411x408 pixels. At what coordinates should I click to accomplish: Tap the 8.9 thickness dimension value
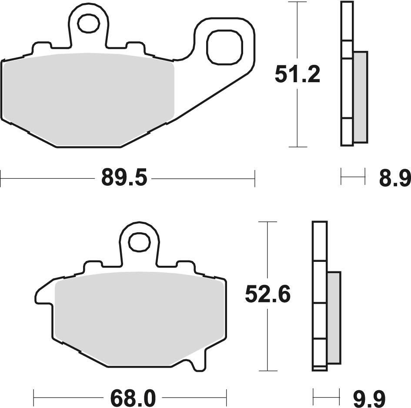[x=394, y=178]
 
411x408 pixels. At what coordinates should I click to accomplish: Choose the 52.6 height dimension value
[x=267, y=295]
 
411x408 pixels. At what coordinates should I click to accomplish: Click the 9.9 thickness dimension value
[x=369, y=397]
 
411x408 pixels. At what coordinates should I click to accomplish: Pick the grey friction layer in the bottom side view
[x=334, y=318]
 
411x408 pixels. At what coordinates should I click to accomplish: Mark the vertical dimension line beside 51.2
[x=297, y=122]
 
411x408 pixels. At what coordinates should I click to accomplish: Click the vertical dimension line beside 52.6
[x=268, y=339]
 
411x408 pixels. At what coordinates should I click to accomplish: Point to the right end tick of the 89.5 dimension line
[x=254, y=178]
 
